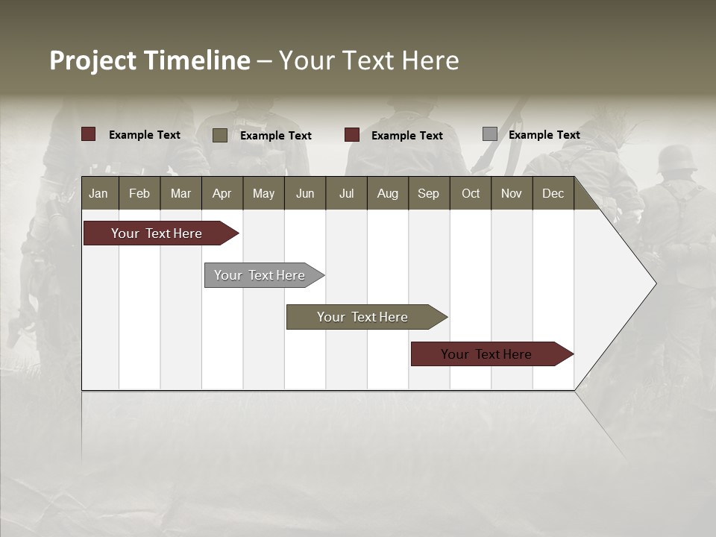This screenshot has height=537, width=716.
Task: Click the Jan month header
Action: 98,193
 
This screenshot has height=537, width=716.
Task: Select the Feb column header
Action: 139,193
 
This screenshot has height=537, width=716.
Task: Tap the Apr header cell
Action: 222,193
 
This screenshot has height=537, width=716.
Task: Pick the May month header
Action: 263,193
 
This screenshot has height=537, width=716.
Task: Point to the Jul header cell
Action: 346,193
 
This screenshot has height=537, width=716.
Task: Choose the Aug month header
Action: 387,193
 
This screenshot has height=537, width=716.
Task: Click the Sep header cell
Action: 428,193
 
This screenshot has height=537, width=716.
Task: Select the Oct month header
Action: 471,193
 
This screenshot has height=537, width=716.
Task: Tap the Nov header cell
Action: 511,193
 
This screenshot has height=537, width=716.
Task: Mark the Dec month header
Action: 553,193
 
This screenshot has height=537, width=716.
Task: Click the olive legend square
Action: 219,135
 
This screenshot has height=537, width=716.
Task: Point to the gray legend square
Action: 489,134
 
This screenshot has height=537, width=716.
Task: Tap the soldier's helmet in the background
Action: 676,159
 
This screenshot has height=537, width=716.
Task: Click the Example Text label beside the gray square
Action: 544,135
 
